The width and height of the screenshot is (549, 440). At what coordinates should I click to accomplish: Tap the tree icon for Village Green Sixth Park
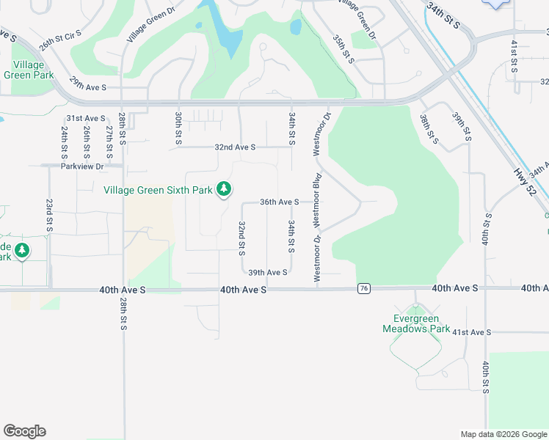click(x=224, y=190)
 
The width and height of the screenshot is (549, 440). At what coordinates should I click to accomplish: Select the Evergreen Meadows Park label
click(x=415, y=323)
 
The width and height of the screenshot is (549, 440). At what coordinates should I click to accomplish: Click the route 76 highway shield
click(x=363, y=289)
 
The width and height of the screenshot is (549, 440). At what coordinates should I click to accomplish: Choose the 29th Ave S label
click(x=88, y=87)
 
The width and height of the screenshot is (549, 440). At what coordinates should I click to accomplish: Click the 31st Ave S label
click(x=86, y=118)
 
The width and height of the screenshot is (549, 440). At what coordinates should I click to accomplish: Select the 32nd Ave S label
click(x=235, y=147)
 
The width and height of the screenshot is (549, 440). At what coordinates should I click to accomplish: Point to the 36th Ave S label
click(x=279, y=202)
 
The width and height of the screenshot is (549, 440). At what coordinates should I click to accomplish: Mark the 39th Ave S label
click(x=267, y=272)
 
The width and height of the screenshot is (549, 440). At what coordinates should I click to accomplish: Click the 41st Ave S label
click(x=470, y=332)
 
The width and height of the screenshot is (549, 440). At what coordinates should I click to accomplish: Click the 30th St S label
click(x=178, y=128)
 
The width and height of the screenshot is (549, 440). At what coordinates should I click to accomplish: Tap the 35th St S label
click(x=343, y=48)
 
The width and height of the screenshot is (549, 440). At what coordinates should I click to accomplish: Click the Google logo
click(x=24, y=431)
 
